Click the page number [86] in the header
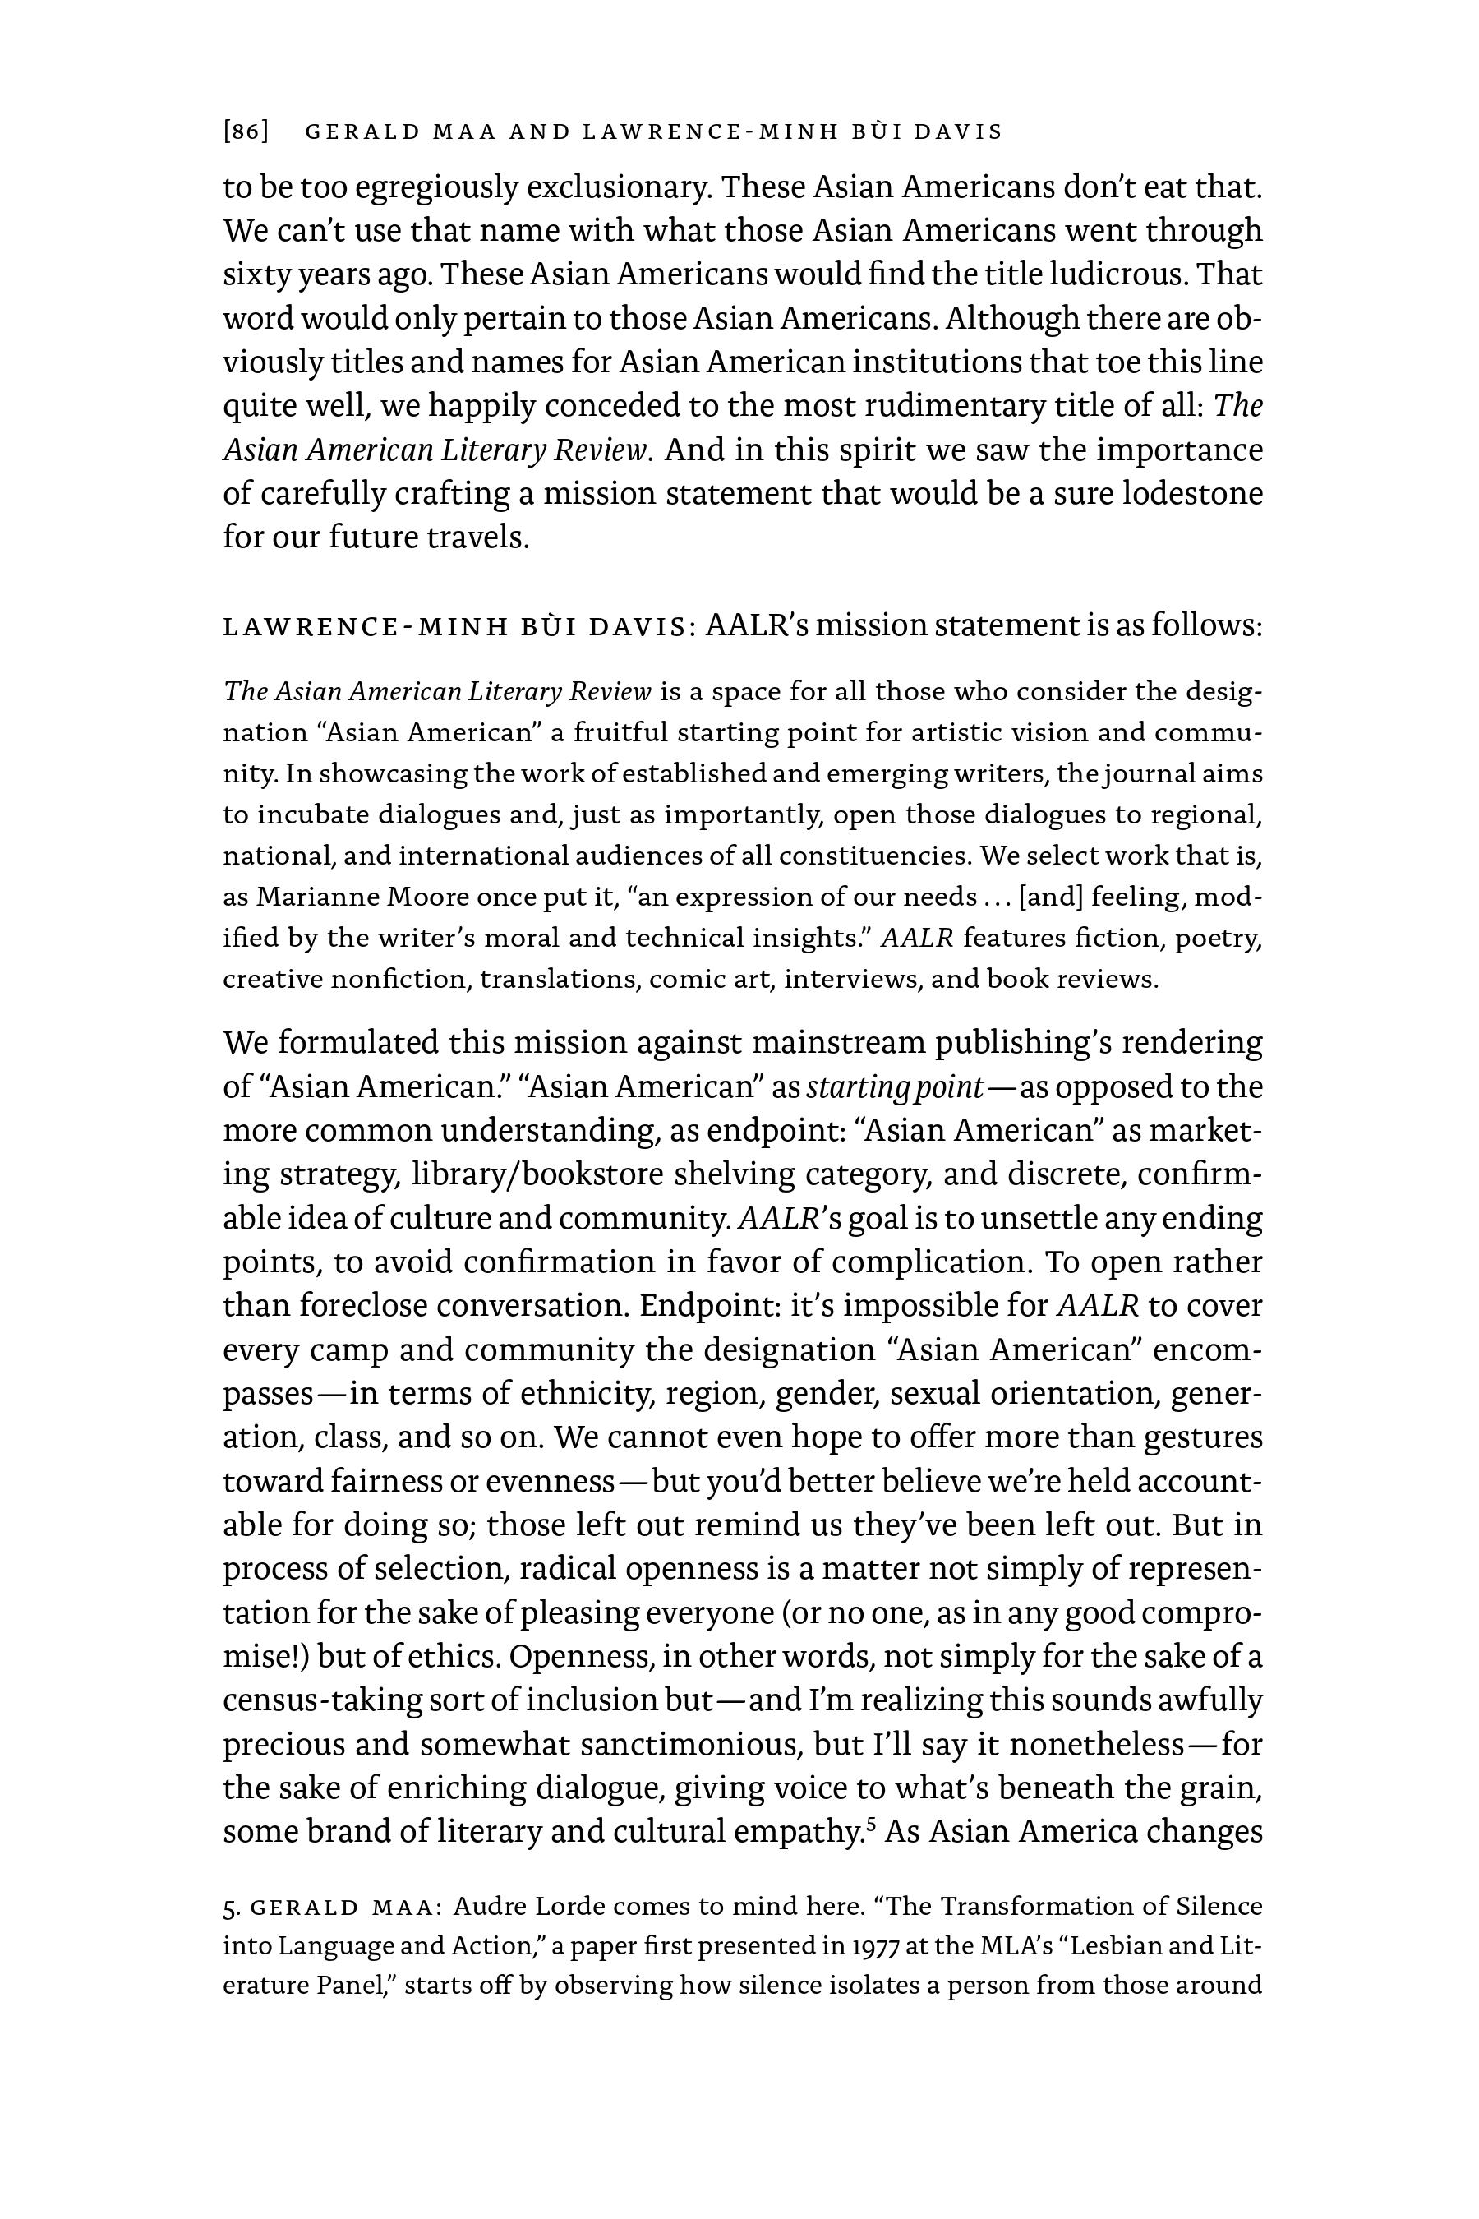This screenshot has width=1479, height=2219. coord(246,132)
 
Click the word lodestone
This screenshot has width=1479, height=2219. coord(1192,493)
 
